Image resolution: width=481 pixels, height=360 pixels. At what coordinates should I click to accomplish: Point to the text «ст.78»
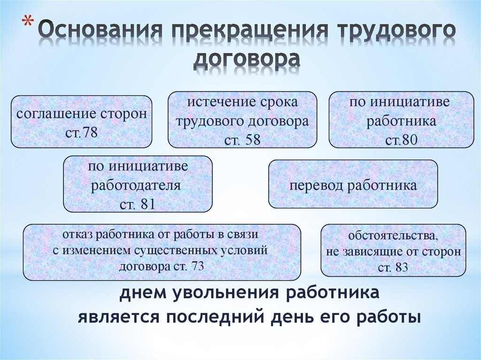(81, 132)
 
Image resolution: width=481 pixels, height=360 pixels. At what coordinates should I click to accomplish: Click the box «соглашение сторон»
(81, 122)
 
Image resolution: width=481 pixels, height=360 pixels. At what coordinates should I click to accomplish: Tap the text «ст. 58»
(242, 140)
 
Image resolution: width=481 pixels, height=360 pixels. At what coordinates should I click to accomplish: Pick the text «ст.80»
(401, 140)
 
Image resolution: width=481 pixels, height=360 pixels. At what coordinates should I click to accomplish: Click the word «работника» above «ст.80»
(401, 121)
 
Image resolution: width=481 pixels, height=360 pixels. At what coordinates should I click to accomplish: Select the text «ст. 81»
(138, 204)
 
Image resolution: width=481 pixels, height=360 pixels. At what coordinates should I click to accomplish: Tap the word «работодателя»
(136, 185)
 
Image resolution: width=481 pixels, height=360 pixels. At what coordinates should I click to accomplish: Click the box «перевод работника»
(353, 184)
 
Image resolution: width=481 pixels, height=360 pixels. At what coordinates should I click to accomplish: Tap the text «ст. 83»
(393, 268)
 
